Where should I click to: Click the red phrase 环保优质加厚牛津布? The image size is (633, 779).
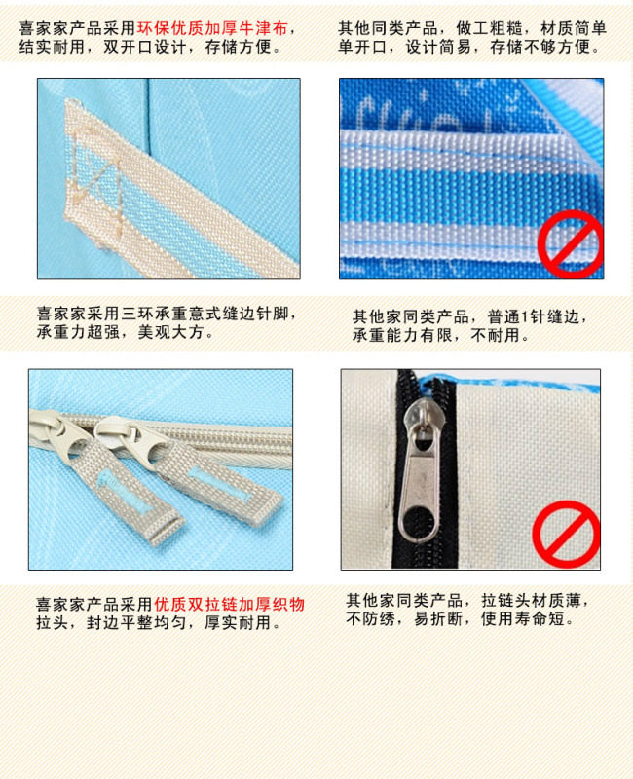212,28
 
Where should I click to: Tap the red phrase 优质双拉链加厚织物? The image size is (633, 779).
229,604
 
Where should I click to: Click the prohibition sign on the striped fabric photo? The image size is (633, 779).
571,244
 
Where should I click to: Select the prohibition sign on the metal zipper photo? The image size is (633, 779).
566,534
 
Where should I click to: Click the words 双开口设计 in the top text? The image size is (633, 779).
144,47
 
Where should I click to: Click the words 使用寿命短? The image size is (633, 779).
523,619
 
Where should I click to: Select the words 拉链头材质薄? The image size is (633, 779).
531,601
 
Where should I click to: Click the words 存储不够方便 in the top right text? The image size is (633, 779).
540,47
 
